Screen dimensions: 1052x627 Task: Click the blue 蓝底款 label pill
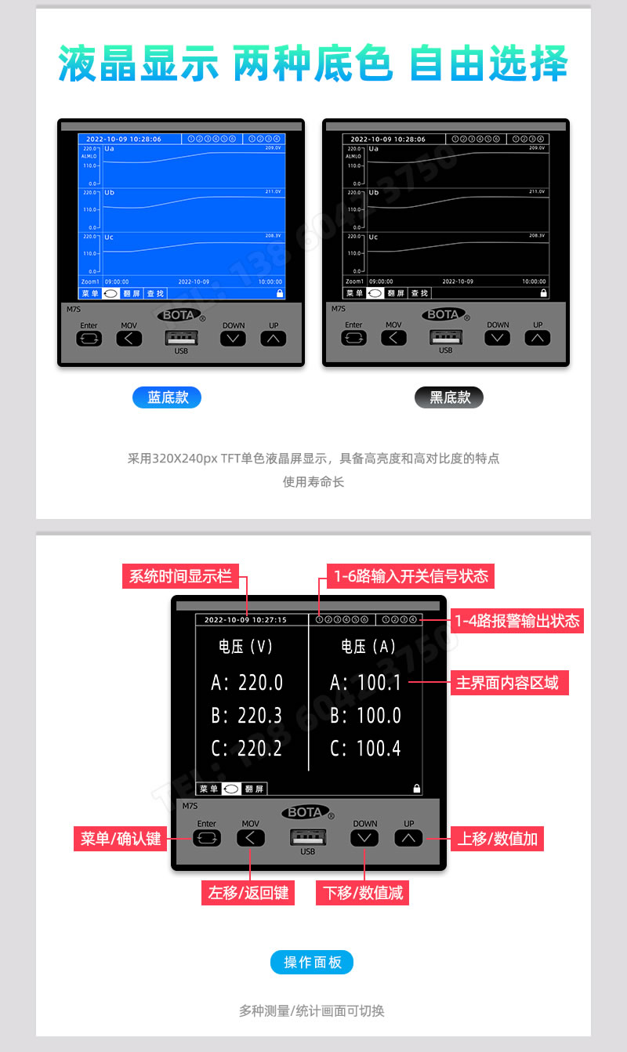tap(167, 397)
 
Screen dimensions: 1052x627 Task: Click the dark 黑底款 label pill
tap(449, 397)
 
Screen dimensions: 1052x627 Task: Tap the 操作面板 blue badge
tap(312, 963)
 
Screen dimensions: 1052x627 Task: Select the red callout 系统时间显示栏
tap(180, 576)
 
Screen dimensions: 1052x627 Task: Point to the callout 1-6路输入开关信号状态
tap(411, 576)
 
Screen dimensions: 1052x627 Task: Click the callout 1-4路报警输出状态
tap(517, 621)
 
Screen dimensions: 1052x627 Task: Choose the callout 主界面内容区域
tap(507, 683)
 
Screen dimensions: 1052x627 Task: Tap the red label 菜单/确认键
tap(121, 839)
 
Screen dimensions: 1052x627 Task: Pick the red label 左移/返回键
tap(248, 893)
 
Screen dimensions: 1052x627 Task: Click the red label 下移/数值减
tap(363, 893)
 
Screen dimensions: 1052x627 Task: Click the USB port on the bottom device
tap(307, 837)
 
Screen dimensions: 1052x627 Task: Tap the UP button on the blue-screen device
tap(273, 339)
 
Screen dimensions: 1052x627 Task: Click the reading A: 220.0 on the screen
tap(247, 683)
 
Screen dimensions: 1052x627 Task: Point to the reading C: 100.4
tap(365, 749)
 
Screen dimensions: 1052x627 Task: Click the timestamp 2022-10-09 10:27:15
tap(245, 620)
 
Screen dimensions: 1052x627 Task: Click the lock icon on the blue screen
tap(280, 293)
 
